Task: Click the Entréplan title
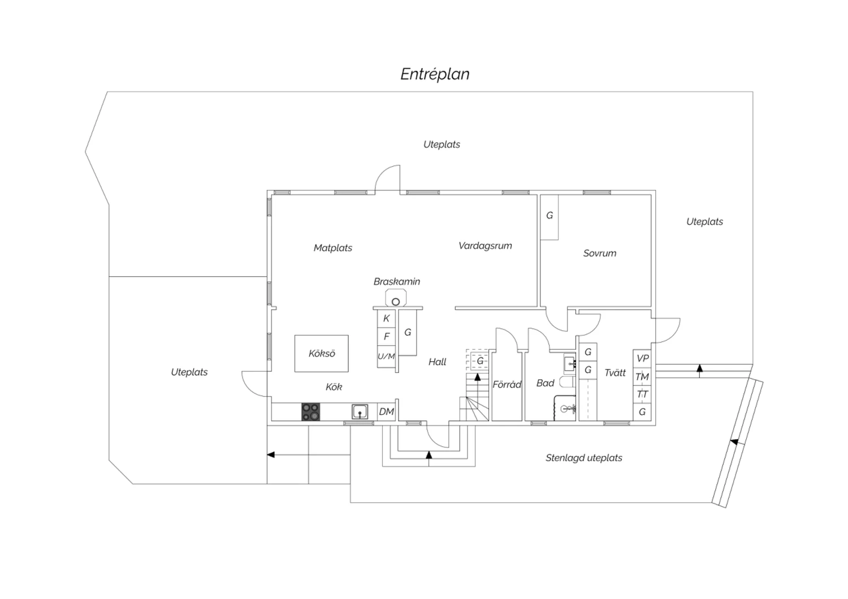pos(435,74)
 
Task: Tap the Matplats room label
pos(333,248)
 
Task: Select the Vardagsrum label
pos(485,246)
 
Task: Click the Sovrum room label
pos(600,253)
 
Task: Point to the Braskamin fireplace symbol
pos(396,299)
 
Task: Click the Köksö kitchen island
pos(322,354)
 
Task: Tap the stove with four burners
pos(310,411)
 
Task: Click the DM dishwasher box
pos(386,412)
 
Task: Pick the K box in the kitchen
pos(386,319)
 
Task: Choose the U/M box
pos(386,357)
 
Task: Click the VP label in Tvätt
pos(642,358)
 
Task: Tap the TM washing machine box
pos(642,377)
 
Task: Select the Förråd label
pos(507,384)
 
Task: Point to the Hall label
pos(437,362)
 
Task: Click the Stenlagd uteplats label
pos(583,458)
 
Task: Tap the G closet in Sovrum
pos(550,216)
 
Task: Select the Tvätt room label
pos(615,372)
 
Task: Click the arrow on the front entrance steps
pos(429,455)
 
